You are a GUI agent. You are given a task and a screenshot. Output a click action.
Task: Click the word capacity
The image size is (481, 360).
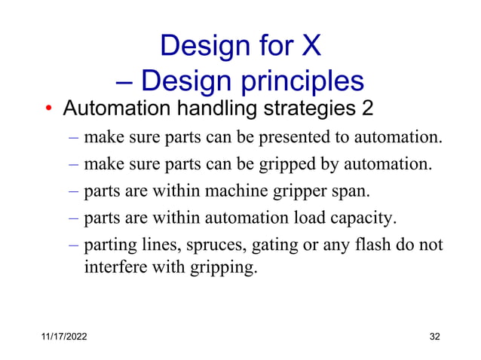[361, 218]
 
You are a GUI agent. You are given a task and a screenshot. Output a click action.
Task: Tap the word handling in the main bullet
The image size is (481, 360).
[198, 109]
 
